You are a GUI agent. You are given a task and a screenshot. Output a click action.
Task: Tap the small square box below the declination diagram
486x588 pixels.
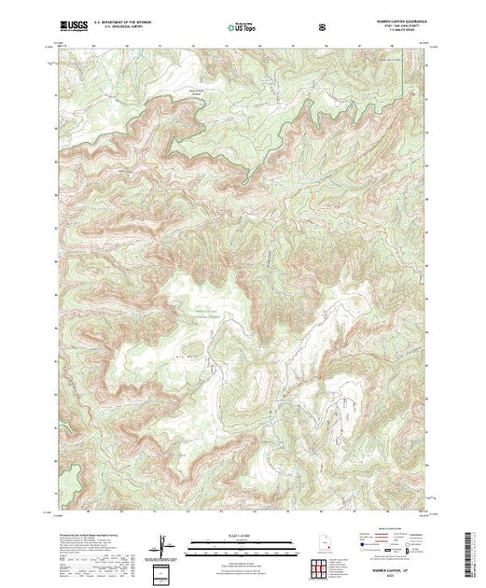tap(165, 570)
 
